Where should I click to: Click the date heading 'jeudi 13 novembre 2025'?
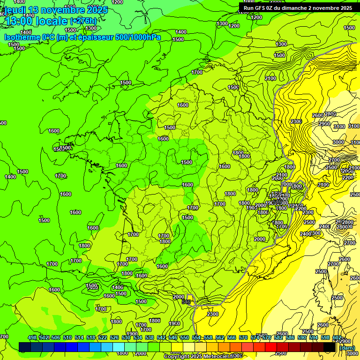tap(56, 10)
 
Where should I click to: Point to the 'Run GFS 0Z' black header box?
tap(298, 7)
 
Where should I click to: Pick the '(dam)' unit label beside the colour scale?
tap(347, 347)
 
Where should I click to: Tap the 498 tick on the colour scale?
tap(32, 338)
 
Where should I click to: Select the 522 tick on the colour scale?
tap(103, 338)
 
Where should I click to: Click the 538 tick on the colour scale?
tap(150, 338)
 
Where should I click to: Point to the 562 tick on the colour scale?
tap(220, 338)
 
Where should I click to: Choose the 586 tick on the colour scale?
tap(290, 338)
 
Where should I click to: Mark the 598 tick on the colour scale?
tap(325, 338)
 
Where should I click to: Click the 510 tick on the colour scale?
tap(67, 338)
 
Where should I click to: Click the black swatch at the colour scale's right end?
tap(330, 346)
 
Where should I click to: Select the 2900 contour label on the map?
tap(324, 124)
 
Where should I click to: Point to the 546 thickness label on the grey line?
tap(186, 302)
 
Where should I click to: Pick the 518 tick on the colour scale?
tap(91, 338)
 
